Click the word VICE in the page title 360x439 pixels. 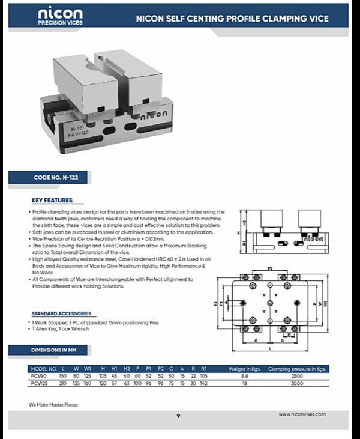point(318,19)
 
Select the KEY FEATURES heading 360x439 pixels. point(52,201)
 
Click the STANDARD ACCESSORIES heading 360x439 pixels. point(61,313)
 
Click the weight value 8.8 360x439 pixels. point(245,376)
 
